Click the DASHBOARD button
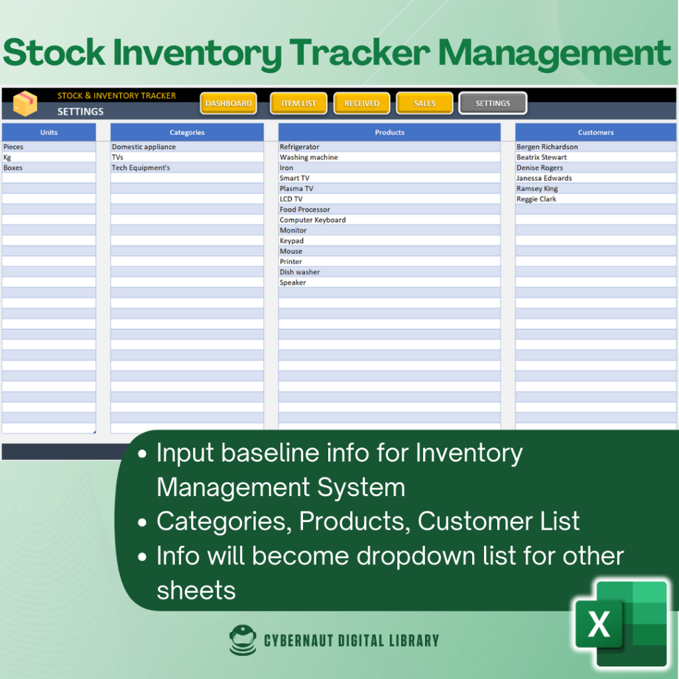228,103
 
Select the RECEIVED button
361,103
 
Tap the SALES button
424,103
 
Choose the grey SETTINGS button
493,103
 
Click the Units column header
49,133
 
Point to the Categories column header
187,133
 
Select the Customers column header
595,133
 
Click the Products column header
389,133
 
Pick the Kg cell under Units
49,157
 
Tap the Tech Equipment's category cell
187,168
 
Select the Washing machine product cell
389,157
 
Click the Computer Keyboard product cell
389,220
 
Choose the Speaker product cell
389,282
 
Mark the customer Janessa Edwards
544,178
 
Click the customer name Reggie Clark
536,199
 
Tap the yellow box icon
25,103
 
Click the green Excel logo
621,623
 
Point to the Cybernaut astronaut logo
243,640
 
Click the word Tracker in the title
359,53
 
